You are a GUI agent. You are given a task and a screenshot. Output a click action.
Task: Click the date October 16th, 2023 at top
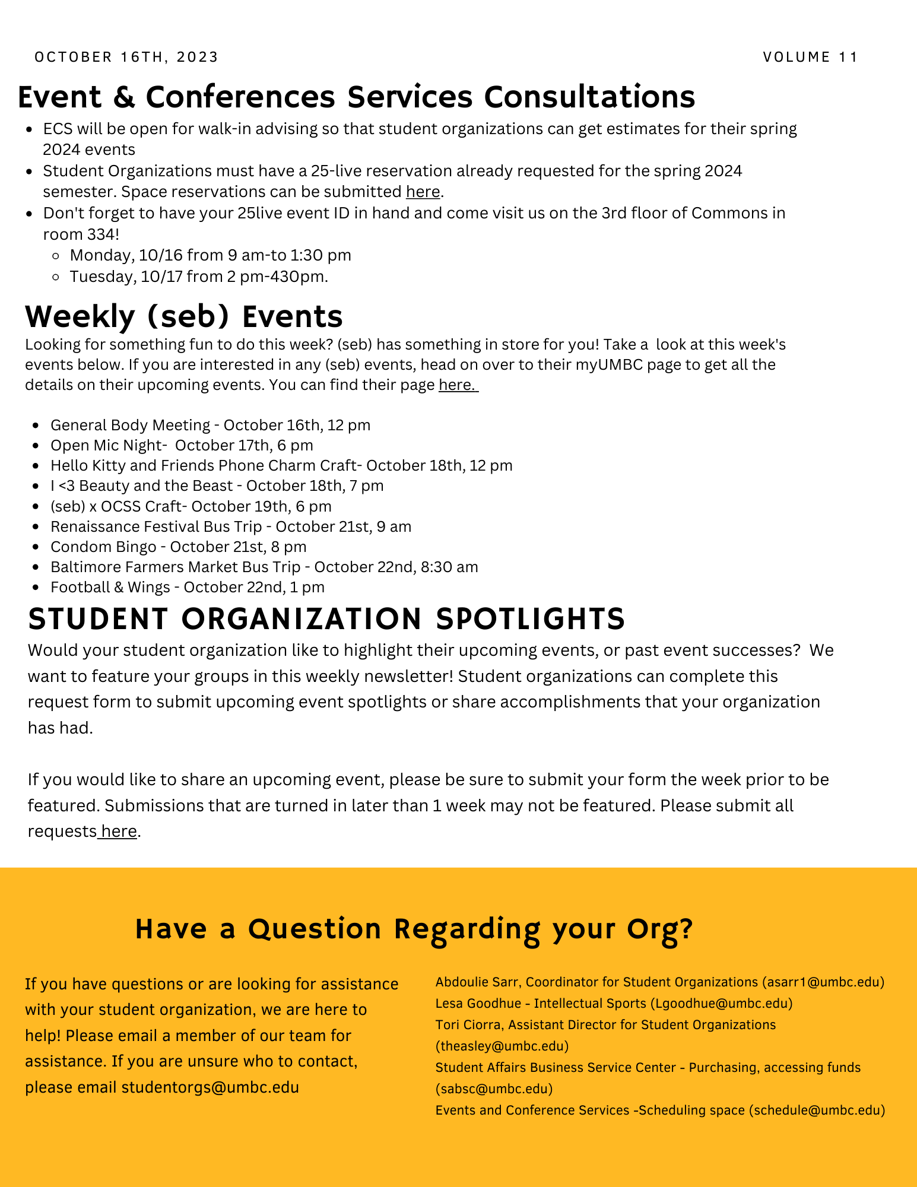[x=126, y=57]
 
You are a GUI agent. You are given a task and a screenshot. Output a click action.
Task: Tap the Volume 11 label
[x=810, y=57]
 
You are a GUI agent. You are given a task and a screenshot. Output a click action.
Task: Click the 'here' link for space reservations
[x=423, y=192]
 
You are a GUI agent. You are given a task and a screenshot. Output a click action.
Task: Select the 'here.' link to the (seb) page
[x=458, y=385]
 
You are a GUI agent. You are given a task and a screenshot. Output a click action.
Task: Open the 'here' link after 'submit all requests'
[x=119, y=831]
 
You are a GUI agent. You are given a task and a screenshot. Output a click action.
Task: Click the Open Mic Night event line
[x=182, y=445]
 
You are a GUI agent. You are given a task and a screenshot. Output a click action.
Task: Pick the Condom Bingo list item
[x=178, y=547]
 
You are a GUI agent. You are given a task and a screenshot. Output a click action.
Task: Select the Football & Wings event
[x=187, y=587]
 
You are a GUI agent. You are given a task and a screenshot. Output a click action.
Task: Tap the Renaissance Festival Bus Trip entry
[x=230, y=526]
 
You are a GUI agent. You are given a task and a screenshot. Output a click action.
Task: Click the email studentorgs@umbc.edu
[x=210, y=1087]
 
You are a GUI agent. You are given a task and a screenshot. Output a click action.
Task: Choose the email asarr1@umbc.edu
[x=823, y=982]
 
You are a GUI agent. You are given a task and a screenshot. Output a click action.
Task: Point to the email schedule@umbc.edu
[x=817, y=1110]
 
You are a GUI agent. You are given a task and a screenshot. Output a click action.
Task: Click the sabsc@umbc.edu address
[x=494, y=1088]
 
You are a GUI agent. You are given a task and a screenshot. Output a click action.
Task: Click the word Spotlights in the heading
[x=530, y=618]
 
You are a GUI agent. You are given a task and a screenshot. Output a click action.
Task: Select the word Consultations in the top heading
[x=589, y=96]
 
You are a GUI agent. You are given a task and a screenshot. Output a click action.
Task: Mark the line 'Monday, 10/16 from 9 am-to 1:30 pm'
[x=210, y=255]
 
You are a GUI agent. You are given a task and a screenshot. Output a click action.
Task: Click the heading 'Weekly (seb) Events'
[x=184, y=316]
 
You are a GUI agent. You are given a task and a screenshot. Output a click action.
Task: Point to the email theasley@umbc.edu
[x=502, y=1046]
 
